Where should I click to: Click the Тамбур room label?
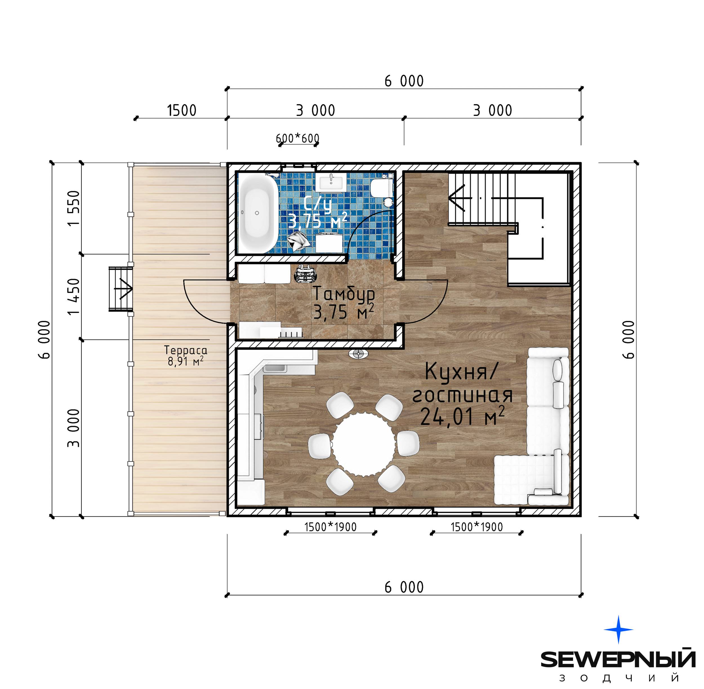tap(344, 294)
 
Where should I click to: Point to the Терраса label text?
tap(186, 350)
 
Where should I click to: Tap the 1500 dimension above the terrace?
tap(181, 110)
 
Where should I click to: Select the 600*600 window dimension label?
tap(298, 138)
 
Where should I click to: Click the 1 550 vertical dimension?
tap(73, 208)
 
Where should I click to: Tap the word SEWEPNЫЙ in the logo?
tap(618, 660)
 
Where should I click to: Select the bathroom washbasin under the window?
tap(331, 182)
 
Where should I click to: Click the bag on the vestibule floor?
tap(306, 274)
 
